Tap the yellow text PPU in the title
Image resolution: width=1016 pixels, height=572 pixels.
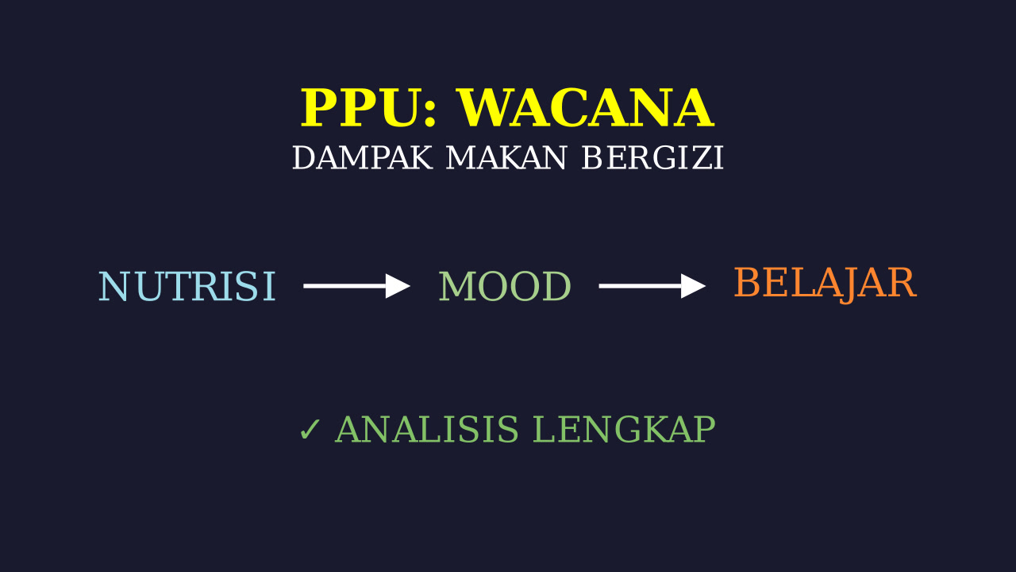[359, 108]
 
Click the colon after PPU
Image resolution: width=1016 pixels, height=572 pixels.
[429, 114]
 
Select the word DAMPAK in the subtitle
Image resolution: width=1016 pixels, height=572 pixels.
[363, 158]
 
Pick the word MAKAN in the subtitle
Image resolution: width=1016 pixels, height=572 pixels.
[506, 158]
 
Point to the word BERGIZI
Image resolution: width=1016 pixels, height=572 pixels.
[652, 158]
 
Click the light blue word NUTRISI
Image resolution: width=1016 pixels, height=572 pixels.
[187, 286]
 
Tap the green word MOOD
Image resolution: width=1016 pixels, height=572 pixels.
[505, 286]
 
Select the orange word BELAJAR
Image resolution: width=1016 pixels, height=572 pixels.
[825, 284]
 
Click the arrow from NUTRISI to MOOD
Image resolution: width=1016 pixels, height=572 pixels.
[357, 286]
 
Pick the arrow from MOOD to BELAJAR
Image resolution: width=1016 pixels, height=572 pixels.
[652, 286]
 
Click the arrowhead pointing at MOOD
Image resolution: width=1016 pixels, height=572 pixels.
[398, 286]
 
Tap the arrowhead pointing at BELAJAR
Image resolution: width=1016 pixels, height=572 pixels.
[694, 286]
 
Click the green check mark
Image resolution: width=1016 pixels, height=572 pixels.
[310, 430]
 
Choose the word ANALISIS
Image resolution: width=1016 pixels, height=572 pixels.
[427, 429]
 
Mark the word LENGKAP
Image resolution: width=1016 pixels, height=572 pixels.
[624, 429]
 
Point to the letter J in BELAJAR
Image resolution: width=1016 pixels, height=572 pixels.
[846, 285]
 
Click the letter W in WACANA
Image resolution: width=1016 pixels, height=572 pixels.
[485, 108]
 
